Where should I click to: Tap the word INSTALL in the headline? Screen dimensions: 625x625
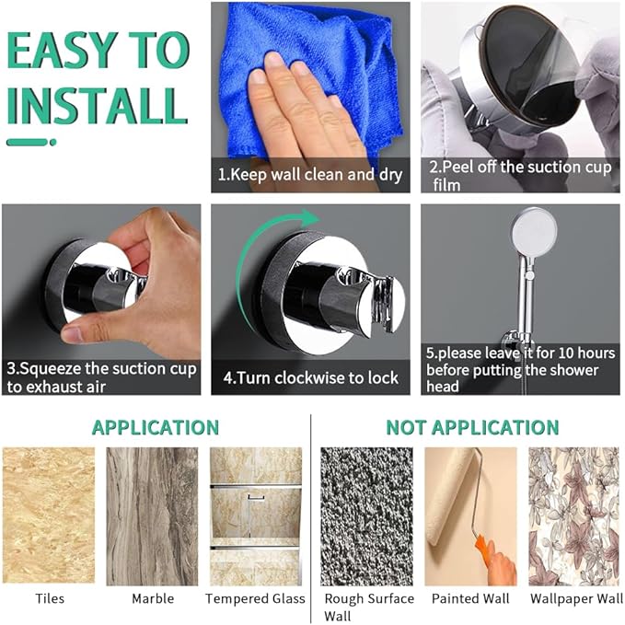click(98, 105)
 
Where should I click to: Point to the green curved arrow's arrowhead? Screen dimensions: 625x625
click(309, 218)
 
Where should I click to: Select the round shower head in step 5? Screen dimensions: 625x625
click(534, 232)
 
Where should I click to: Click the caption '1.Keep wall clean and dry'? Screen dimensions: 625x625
click(310, 175)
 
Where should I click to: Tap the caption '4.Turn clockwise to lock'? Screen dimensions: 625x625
click(310, 377)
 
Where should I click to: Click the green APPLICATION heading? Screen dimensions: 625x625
click(156, 427)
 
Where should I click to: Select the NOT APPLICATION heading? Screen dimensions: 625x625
click(472, 427)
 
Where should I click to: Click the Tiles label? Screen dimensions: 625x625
click(50, 598)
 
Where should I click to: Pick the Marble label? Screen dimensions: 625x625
click(153, 598)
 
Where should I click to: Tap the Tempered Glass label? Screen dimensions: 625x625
click(255, 598)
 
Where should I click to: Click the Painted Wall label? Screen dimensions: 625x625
click(470, 598)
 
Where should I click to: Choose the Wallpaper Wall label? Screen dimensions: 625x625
click(576, 598)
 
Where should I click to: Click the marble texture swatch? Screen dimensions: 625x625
click(152, 516)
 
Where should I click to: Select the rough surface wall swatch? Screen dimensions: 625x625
click(366, 516)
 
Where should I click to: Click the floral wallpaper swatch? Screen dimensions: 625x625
click(574, 516)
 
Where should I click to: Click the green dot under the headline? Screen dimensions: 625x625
click(53, 143)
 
